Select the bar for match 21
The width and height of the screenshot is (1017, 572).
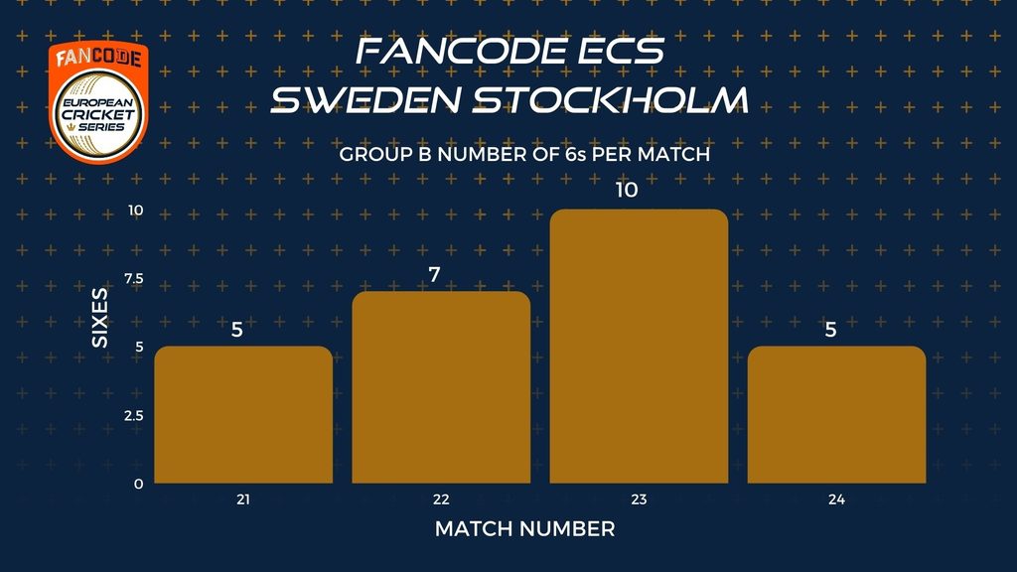(243, 414)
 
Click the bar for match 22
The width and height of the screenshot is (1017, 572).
(441, 387)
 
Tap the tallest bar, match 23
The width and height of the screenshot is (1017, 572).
(639, 346)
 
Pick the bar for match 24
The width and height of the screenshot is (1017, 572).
(836, 414)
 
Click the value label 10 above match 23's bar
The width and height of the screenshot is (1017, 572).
(627, 190)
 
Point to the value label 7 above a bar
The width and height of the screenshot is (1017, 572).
(434, 275)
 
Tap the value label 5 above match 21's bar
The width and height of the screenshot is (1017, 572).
(236, 330)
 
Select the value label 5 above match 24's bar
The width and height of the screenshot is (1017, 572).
(830, 330)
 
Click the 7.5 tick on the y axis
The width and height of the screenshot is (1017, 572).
(134, 279)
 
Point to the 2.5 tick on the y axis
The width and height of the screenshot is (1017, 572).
(134, 416)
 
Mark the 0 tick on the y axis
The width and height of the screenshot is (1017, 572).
(139, 484)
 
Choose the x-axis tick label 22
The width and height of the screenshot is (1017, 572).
(441, 500)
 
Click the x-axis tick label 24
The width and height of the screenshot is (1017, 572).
(836, 500)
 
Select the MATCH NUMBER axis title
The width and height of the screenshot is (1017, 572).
(524, 529)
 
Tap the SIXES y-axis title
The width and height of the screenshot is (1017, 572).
(100, 318)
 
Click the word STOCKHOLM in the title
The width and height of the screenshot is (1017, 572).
(611, 100)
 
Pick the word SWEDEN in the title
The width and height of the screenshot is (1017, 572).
(365, 100)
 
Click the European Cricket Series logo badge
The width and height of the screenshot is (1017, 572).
(98, 102)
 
